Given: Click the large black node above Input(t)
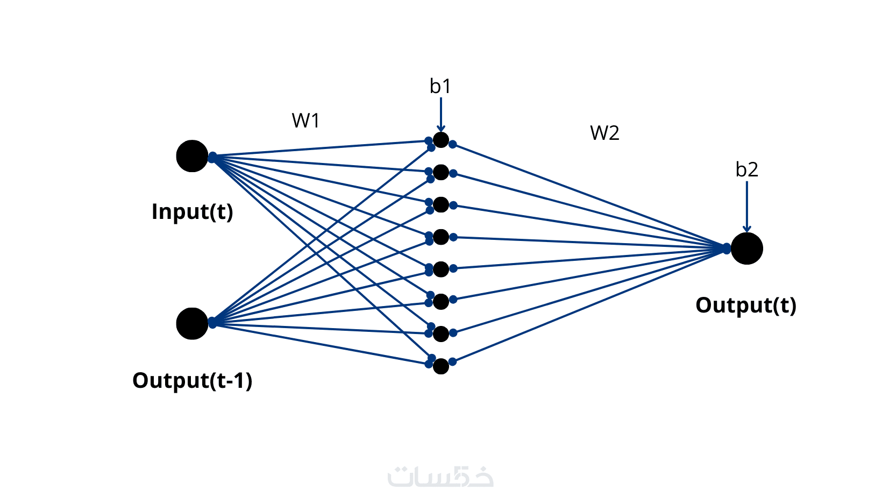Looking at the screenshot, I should (x=192, y=156).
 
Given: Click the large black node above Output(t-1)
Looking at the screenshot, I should (x=192, y=324).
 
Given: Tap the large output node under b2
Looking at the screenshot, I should (x=746, y=248).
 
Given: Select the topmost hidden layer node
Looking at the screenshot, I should (x=441, y=140).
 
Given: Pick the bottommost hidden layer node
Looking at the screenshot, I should (x=441, y=366).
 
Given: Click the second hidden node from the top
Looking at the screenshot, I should (x=441, y=172).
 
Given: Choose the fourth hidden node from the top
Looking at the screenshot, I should (x=441, y=237).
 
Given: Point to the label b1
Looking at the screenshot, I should (x=440, y=86).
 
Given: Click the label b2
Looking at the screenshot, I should (x=746, y=169).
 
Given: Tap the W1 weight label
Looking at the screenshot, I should (x=305, y=120).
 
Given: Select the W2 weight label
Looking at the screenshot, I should (x=604, y=133).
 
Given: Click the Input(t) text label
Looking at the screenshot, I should (x=193, y=211).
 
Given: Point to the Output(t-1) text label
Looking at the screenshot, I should (x=192, y=380).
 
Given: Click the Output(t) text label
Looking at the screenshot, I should (x=746, y=305).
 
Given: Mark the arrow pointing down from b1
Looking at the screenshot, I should (x=441, y=114).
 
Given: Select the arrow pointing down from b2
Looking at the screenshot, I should (x=746, y=207).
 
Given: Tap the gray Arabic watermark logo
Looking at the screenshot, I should (x=440, y=476).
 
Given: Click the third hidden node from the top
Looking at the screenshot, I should (x=441, y=204).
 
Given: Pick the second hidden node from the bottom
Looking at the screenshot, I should (x=441, y=333).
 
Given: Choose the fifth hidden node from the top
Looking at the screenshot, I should (x=441, y=269).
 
